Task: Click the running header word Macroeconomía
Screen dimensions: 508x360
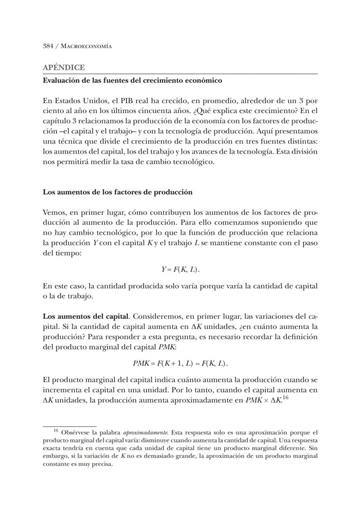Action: tap(85, 46)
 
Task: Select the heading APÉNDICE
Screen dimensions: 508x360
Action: tap(63, 68)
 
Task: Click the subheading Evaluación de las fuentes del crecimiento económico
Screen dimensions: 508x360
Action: tap(132, 80)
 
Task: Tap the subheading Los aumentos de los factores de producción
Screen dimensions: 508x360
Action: tap(117, 192)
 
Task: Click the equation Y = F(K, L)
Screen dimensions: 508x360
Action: tap(180, 270)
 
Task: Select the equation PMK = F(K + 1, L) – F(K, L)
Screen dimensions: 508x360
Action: tap(180, 363)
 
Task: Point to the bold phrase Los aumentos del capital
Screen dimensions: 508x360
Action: tap(86, 315)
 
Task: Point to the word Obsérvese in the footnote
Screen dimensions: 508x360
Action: tap(76, 433)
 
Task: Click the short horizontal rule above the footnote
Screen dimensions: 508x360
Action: tap(69, 426)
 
